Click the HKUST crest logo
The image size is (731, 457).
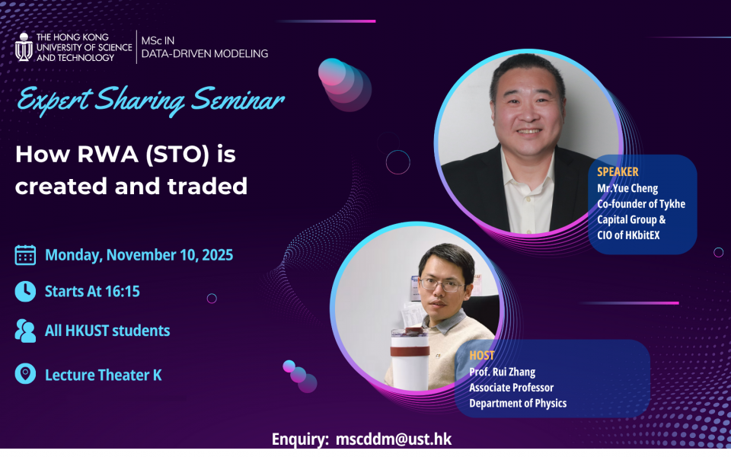pos(24,47)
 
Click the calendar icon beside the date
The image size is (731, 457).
pos(25,255)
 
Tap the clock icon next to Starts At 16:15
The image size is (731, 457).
pos(25,292)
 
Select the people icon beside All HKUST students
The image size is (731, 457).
pos(25,331)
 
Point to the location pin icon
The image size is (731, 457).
pos(25,373)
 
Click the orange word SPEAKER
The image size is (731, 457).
pos(618,171)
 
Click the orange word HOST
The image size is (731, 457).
pos(481,356)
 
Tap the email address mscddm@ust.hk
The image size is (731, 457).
pos(394,439)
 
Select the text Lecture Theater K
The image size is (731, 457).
pos(103,375)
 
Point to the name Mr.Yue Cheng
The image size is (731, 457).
pos(627,188)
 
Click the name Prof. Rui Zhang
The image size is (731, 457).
pos(502,372)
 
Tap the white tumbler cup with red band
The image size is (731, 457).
pos(410,358)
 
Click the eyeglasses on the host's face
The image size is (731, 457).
pos(441,284)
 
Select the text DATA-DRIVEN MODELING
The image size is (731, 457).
pos(205,53)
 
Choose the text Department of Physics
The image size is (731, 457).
pos(518,404)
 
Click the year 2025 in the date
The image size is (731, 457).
pos(217,255)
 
